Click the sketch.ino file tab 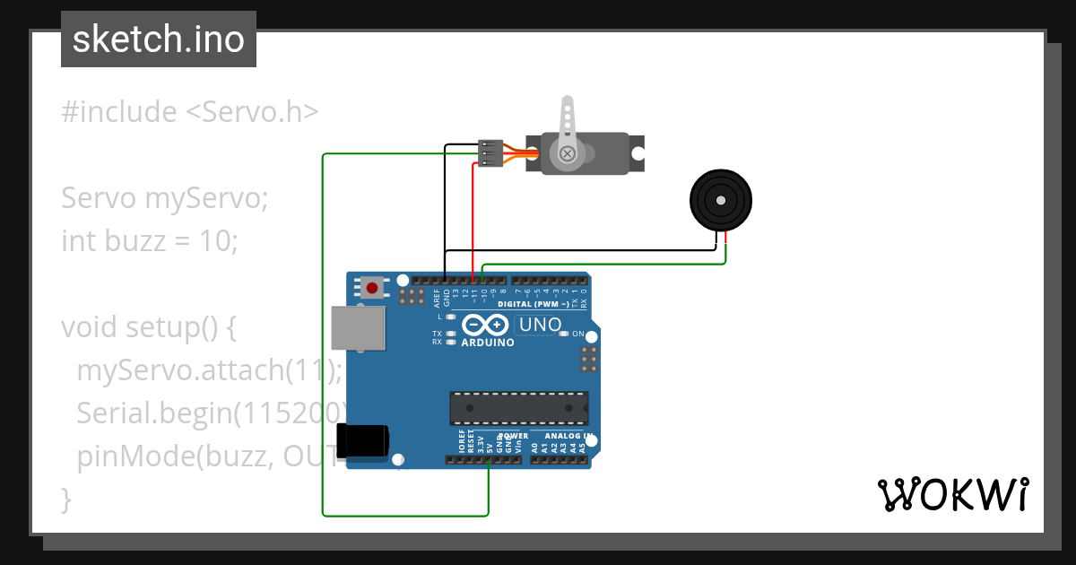tap(158, 39)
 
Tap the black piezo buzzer tap(720, 199)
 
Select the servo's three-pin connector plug tap(490, 152)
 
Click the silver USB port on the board tap(358, 327)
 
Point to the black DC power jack tap(362, 440)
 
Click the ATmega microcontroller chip tap(518, 408)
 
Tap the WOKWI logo tap(952, 494)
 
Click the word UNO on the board tap(540, 325)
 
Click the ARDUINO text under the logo tap(487, 343)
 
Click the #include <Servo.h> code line tap(189, 112)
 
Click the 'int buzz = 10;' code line tap(150, 240)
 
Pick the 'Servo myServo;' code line tap(165, 197)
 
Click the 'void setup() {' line tap(148, 326)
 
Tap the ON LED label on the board tap(578, 334)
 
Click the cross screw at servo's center tap(567, 154)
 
